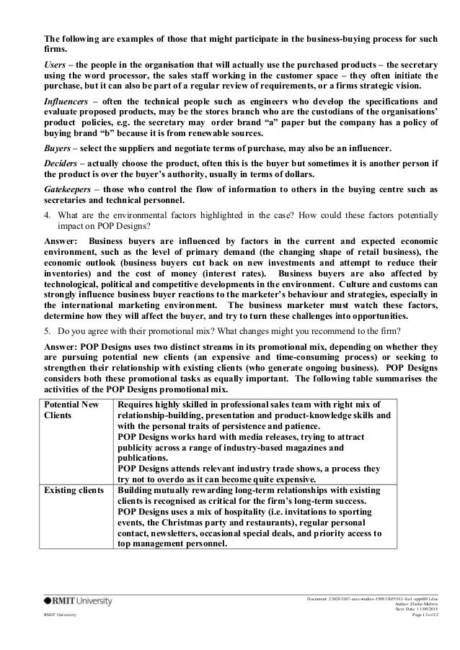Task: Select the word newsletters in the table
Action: [175, 535]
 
